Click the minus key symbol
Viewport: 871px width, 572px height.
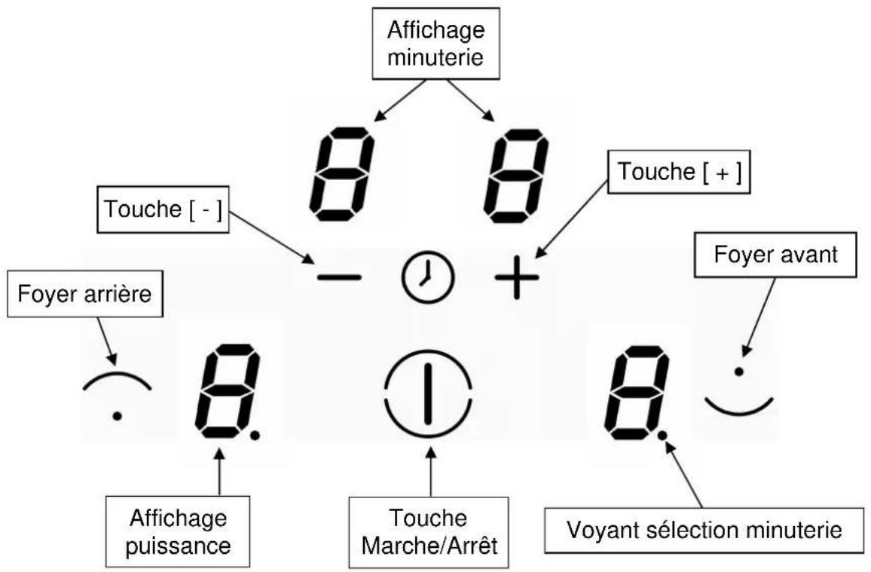click(339, 277)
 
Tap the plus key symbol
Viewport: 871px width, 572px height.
click(517, 277)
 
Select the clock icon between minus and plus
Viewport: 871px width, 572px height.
click(428, 277)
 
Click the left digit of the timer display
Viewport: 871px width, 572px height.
click(341, 175)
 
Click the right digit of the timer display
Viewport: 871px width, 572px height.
click(515, 175)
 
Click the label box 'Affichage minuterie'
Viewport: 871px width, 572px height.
click(436, 43)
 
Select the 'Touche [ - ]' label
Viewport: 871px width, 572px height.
click(163, 210)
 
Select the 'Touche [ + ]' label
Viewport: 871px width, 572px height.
click(679, 172)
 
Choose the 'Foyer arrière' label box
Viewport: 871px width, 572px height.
click(85, 294)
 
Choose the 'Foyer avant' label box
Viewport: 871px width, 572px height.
click(775, 254)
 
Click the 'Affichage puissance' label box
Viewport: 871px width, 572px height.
click(178, 531)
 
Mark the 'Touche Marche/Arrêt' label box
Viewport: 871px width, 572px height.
click(429, 532)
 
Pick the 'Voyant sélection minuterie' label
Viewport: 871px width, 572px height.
click(704, 530)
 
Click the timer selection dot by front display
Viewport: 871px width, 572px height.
click(662, 436)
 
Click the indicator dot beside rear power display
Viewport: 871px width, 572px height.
click(255, 436)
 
